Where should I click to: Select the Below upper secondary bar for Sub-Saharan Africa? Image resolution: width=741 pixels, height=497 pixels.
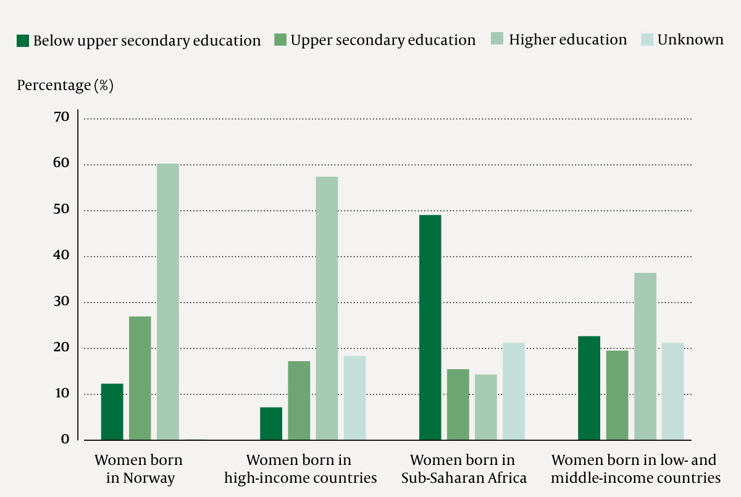pos(430,327)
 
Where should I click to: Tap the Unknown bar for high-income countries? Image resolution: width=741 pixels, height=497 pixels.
pos(354,398)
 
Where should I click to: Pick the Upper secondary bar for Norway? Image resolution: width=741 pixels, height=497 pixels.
pos(140,378)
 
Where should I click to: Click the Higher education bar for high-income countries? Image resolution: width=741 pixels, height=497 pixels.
pos(327,308)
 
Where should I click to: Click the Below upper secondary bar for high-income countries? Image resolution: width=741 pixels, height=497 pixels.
pos(271,424)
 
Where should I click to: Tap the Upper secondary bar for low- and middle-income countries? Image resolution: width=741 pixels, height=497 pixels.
pos(617,395)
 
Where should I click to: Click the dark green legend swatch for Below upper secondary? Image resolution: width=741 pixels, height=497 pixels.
pos(23,41)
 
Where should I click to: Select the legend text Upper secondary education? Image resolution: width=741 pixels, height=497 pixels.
pos(383,41)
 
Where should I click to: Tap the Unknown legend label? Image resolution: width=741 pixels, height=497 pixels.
pos(690,40)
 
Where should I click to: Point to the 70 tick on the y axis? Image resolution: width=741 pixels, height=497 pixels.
pos(62,117)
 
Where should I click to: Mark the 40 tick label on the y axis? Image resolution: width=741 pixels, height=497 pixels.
pos(62,256)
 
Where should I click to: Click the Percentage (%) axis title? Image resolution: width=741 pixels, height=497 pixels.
pos(65,85)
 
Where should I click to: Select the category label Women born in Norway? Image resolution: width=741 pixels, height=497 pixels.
pos(139,469)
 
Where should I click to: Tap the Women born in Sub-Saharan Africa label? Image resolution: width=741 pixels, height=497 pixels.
pos(463,469)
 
